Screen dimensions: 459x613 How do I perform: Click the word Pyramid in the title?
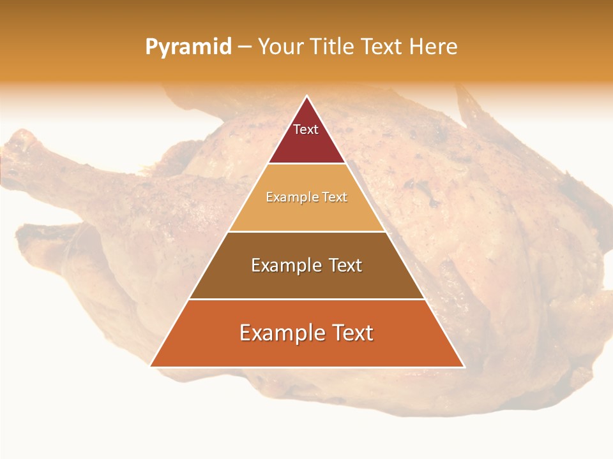tap(188, 47)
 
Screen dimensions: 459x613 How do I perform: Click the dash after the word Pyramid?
tap(245, 47)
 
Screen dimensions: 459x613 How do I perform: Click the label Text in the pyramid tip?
tap(306, 129)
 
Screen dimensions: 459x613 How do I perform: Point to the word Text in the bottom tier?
tap(351, 333)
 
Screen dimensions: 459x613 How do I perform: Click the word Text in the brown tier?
tap(344, 265)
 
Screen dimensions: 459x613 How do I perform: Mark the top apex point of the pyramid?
tap(307, 96)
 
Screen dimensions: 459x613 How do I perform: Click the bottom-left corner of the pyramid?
tap(151, 367)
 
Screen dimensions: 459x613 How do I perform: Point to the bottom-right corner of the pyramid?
tap(464, 367)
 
